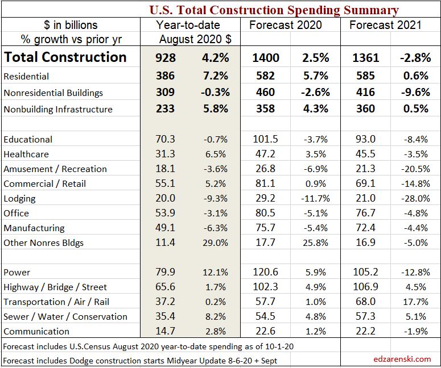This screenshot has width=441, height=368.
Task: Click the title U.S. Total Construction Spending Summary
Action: tap(274, 10)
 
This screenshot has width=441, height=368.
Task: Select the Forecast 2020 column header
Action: tap(285, 25)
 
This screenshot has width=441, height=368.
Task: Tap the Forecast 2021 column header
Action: tap(385, 25)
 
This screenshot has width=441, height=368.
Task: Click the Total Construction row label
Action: tap(65, 57)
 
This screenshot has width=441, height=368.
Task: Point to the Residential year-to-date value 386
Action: tap(166, 76)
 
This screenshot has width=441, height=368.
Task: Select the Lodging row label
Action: tap(19, 198)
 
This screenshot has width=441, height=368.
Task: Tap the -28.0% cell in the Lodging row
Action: tap(415, 199)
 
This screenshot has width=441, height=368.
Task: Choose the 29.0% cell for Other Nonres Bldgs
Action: tap(216, 243)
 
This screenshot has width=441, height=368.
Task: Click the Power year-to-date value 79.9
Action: tap(166, 273)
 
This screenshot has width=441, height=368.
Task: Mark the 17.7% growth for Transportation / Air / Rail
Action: tap(415, 302)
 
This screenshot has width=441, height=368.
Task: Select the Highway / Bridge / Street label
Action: tap(55, 287)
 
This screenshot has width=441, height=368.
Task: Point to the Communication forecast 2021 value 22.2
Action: tap(365, 332)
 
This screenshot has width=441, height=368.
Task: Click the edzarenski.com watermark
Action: tap(402, 359)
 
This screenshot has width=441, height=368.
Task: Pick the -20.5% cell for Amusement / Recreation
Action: tap(415, 169)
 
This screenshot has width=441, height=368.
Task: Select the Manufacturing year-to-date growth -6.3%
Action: tap(216, 228)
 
